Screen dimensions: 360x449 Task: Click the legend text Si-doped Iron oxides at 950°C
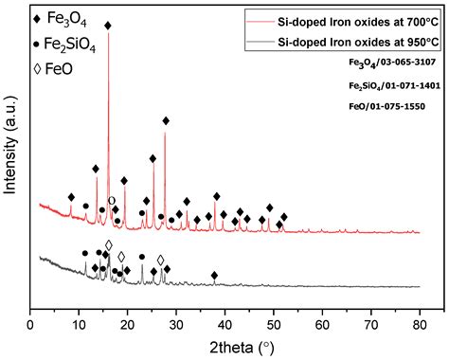pos(357,42)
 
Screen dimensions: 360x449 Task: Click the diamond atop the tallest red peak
pos(107,26)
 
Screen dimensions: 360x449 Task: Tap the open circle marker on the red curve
pos(112,200)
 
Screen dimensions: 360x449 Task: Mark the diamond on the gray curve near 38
pos(214,275)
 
